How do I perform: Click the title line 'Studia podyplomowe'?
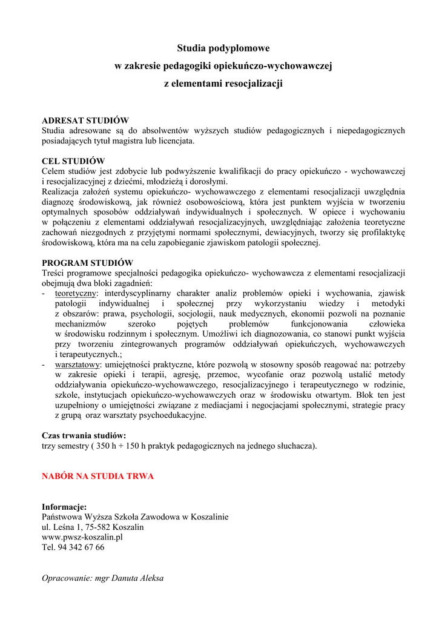[223, 48]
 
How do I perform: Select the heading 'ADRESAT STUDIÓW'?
[85, 120]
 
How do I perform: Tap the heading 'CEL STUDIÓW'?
[73, 161]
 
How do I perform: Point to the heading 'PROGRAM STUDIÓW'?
[87, 263]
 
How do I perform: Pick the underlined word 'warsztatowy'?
[77, 364]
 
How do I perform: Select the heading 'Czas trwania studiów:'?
[84, 435]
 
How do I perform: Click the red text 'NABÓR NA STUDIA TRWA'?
[97, 476]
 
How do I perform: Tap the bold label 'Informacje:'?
[64, 507]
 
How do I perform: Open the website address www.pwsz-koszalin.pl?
[82, 537]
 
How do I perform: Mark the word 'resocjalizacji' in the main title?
[254, 83]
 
